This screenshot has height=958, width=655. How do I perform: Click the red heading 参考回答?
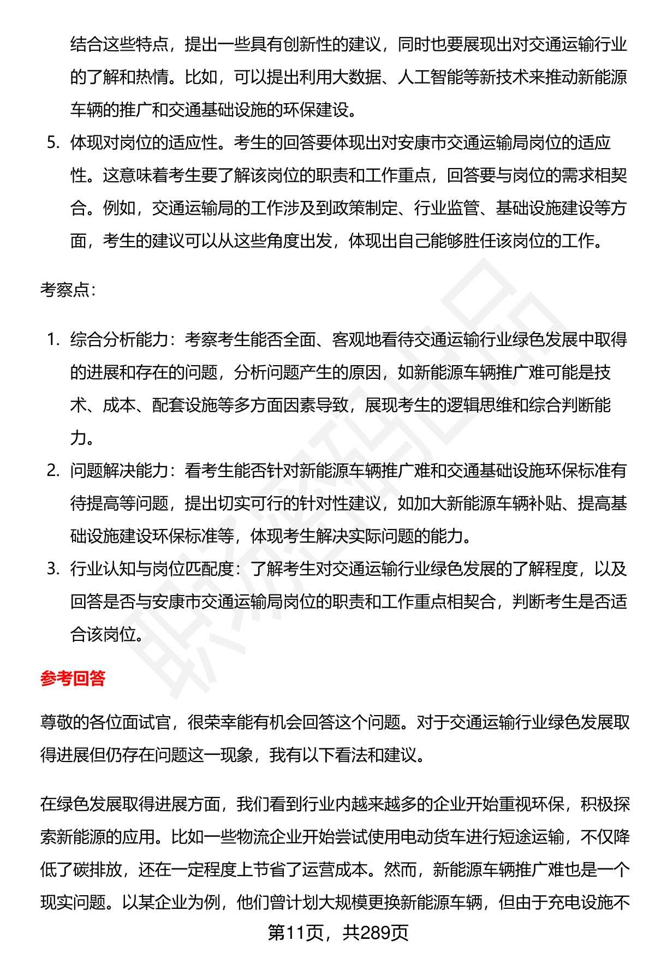(x=73, y=679)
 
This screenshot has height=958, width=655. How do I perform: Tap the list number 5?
(x=53, y=143)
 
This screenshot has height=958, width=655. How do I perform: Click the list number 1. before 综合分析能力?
(x=53, y=340)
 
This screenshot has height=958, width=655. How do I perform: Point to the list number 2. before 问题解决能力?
(x=53, y=471)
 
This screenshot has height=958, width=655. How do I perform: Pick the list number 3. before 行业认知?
(x=53, y=569)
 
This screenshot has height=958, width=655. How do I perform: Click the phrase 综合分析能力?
(x=118, y=340)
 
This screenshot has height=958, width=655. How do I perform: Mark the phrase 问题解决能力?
(x=118, y=471)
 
